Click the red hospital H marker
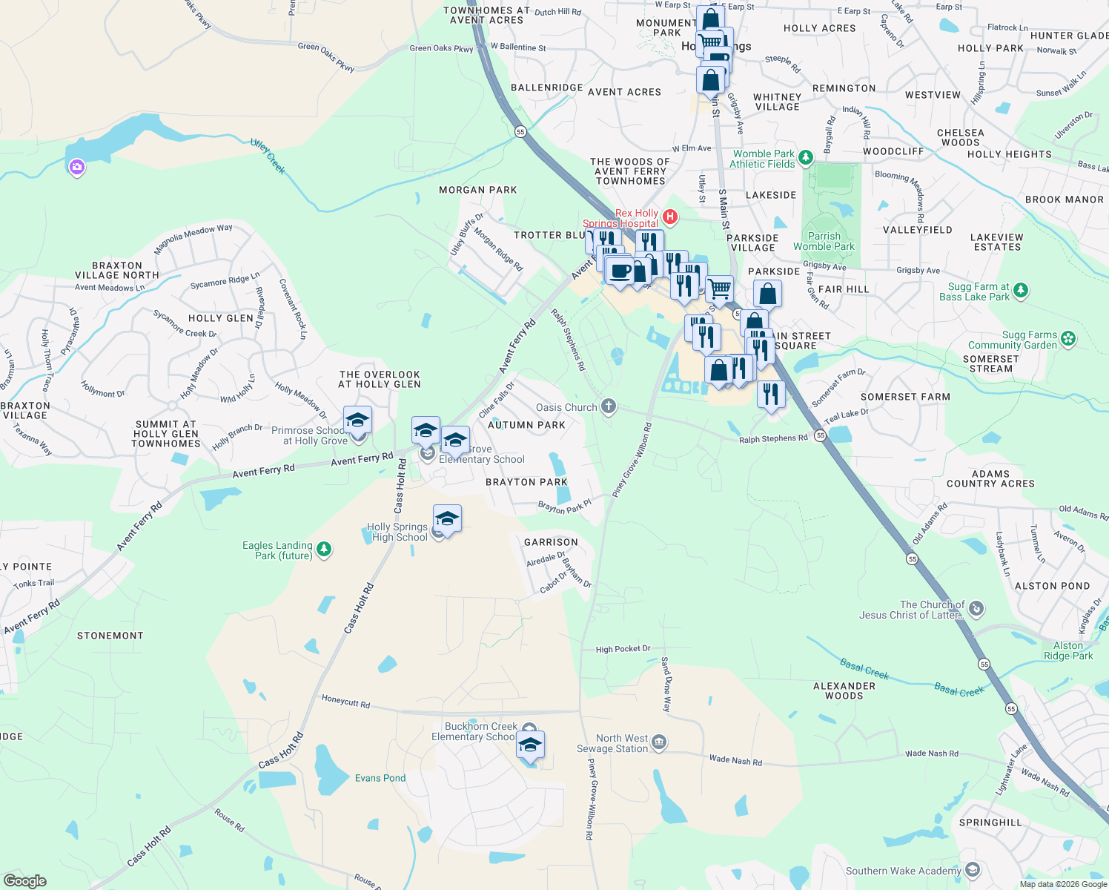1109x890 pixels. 670,217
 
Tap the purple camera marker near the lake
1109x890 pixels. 76,168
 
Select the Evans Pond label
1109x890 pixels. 380,778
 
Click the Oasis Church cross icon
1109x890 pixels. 609,406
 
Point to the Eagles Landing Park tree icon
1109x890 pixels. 323,550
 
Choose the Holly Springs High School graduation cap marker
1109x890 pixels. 447,518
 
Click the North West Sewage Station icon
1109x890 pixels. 659,742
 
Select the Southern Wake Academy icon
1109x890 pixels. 973,870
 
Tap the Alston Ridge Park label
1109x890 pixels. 1068,650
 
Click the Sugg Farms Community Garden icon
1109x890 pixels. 1068,339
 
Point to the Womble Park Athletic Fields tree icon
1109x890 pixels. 806,157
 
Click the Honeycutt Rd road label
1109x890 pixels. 345,701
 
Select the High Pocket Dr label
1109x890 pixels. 623,649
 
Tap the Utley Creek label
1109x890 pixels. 268,156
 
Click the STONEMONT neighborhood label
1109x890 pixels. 110,636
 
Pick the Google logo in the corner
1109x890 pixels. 25,880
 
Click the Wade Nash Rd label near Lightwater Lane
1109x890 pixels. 1045,782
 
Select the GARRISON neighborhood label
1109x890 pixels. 551,542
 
